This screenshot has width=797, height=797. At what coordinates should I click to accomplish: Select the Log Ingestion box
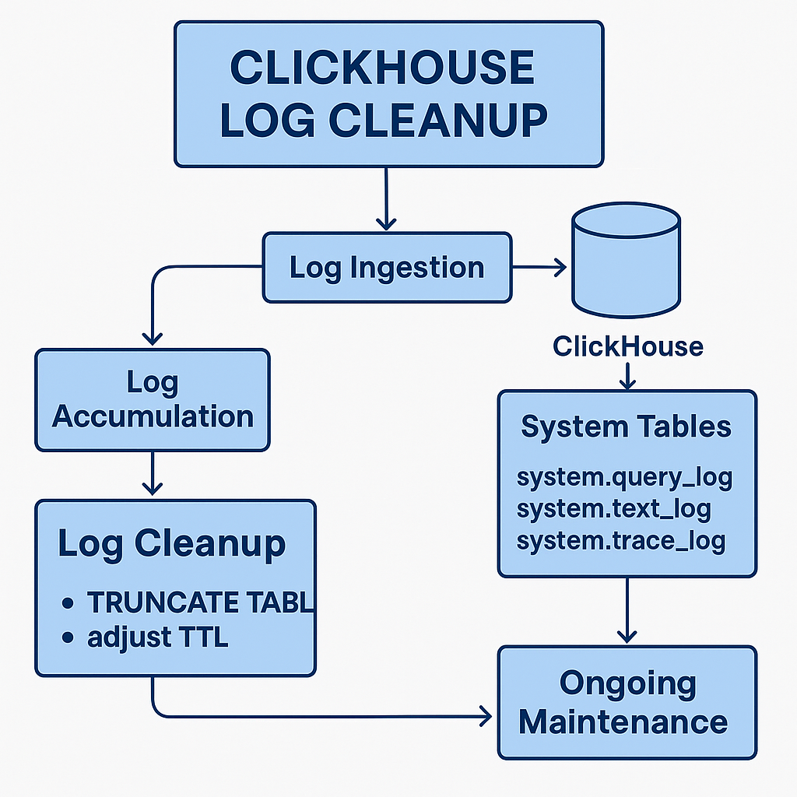coord(387,267)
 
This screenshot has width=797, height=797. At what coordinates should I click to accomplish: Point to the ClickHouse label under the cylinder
coord(627,346)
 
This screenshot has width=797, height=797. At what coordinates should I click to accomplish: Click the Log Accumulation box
coord(153,399)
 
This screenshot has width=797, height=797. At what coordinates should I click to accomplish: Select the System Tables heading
coord(626,427)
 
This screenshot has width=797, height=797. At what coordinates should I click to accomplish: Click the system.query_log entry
coord(624,476)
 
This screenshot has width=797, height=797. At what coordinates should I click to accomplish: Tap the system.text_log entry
coord(613,508)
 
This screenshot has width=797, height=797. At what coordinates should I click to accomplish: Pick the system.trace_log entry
coord(620,539)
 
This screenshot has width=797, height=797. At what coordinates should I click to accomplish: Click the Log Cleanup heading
coord(171,543)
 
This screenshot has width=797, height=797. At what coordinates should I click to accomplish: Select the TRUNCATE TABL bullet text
coord(199,602)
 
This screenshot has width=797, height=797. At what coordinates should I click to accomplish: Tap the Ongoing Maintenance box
coord(627,702)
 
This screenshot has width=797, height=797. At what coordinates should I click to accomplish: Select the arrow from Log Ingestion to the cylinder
coord(539,268)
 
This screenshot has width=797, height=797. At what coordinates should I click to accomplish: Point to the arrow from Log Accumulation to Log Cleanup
coord(153,473)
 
